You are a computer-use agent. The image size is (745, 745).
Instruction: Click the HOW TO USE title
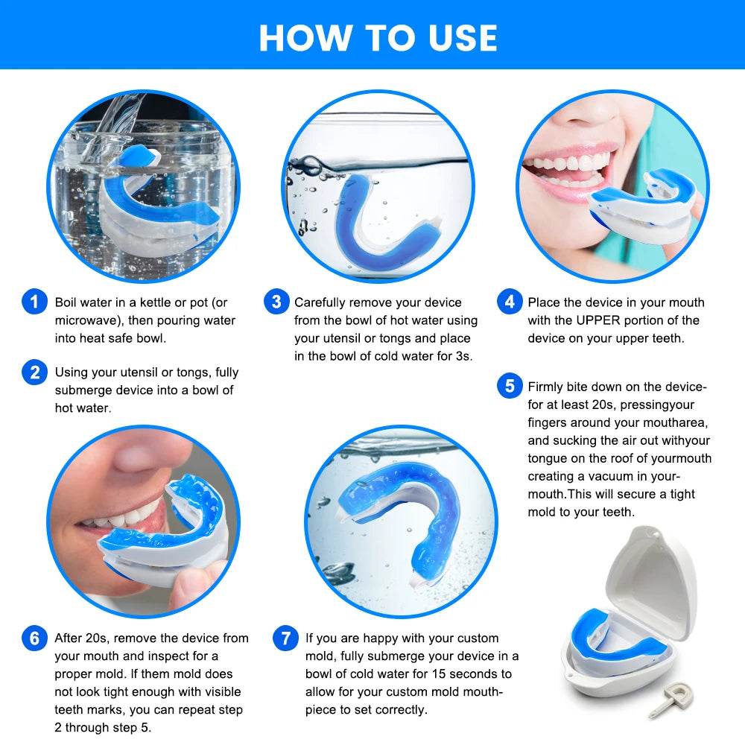(x=378, y=37)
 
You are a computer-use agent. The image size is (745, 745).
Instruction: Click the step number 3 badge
(x=276, y=302)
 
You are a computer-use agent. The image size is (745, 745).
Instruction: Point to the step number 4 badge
(x=510, y=302)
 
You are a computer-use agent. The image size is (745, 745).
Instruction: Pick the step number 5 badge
(x=510, y=387)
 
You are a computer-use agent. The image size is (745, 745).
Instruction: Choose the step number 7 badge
(x=285, y=638)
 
